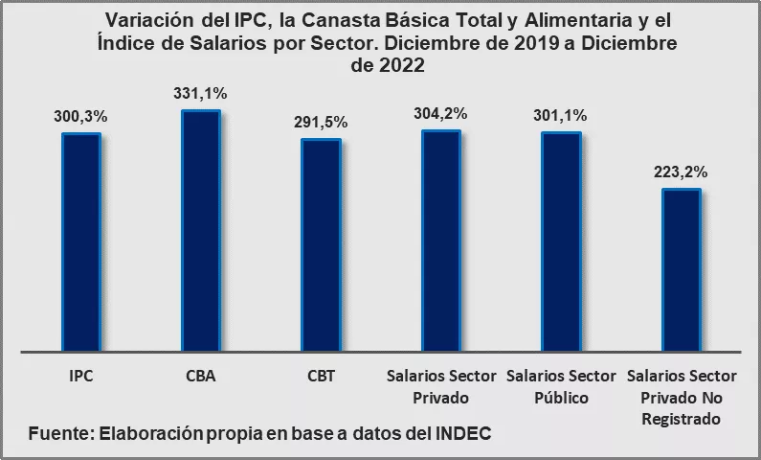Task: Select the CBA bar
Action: coord(201,230)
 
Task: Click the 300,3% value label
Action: coord(81,117)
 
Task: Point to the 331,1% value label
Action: coord(201,94)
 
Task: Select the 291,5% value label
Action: coord(321,123)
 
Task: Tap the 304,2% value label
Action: coord(441,113)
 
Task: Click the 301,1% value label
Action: coord(561,116)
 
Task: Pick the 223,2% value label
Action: coord(682,172)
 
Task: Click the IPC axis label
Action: coord(81,376)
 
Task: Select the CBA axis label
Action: coord(201,376)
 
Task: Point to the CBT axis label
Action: coord(321,376)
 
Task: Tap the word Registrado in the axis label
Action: coord(682,419)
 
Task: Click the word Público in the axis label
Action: coord(561,398)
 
